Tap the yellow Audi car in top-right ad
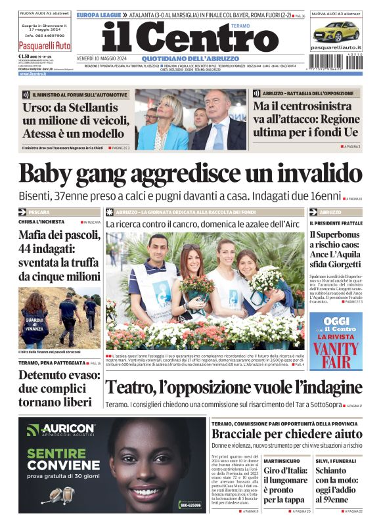coord(335,30)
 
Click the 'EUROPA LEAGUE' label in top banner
coord(99,14)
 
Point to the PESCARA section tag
coord(39,213)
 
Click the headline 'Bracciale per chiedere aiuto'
coord(278,434)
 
